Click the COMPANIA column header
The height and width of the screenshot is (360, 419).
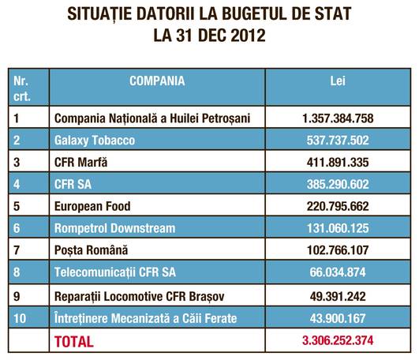tap(157, 81)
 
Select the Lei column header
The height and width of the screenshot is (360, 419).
tap(338, 81)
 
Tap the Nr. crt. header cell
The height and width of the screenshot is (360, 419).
tap(21, 88)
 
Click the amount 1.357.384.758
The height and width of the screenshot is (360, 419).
tap(338, 118)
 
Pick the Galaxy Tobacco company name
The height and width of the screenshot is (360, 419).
tap(95, 141)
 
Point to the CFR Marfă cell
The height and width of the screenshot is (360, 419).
tap(80, 162)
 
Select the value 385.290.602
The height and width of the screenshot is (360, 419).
tap(338, 184)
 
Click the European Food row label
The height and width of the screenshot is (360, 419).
tap(92, 206)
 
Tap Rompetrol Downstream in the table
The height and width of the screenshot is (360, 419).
tap(115, 228)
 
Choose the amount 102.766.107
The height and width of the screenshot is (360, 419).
tap(338, 250)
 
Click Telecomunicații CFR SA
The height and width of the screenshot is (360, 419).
tap(115, 272)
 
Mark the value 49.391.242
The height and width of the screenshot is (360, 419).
tap(338, 296)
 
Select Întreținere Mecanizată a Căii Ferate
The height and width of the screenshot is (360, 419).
tap(146, 318)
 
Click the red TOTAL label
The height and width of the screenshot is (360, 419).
tap(74, 342)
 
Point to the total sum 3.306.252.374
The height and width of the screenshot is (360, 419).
tap(338, 340)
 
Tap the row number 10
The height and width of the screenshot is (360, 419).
tap(20, 318)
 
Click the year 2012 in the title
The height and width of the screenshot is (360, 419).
tap(248, 35)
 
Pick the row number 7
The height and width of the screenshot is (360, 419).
tap(17, 250)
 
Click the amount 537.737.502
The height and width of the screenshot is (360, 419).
tap(338, 141)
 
